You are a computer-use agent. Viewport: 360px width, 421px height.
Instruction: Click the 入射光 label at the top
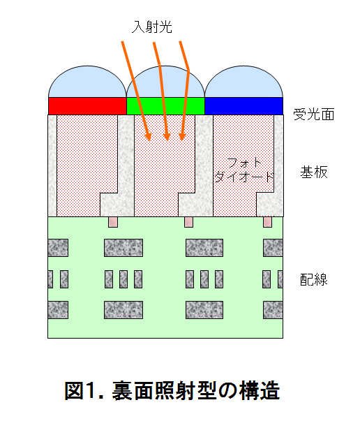click(x=152, y=27)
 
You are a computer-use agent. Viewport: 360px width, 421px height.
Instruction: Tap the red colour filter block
click(x=87, y=106)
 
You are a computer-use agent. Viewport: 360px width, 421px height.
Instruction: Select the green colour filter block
click(x=165, y=106)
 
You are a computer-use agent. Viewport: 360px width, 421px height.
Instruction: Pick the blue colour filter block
click(x=243, y=106)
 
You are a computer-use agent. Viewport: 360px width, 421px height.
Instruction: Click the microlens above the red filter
click(x=87, y=82)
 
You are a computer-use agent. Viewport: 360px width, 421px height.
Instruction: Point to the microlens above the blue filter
click(x=243, y=82)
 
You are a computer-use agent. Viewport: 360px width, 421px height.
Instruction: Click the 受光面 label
click(x=314, y=115)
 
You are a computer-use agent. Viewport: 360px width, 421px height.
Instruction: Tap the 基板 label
click(x=314, y=172)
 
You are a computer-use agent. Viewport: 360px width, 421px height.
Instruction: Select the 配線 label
click(x=314, y=279)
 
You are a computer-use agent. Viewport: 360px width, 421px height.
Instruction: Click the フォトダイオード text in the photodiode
click(x=244, y=170)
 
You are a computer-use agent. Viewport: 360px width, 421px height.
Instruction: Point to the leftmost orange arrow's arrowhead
click(x=148, y=136)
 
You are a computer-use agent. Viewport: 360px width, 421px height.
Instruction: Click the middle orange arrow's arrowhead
click(x=167, y=136)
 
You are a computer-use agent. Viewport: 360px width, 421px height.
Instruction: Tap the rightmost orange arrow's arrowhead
click(x=182, y=136)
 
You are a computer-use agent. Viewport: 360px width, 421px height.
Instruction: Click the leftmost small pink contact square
click(x=113, y=222)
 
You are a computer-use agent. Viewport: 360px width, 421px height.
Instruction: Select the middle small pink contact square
click(x=188, y=222)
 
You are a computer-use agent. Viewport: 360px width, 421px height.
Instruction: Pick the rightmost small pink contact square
click(x=267, y=222)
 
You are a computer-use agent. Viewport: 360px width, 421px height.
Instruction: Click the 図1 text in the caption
click(x=84, y=391)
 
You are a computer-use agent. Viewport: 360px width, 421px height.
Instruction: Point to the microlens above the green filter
click(x=165, y=82)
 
